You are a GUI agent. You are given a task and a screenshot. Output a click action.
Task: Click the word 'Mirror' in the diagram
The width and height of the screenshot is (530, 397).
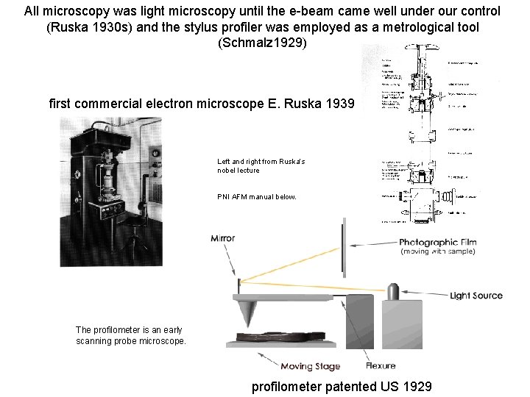point(222,237)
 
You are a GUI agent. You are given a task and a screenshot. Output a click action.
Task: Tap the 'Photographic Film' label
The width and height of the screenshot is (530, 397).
point(438,242)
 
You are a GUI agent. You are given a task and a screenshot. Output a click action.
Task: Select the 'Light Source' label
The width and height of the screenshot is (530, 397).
point(476,296)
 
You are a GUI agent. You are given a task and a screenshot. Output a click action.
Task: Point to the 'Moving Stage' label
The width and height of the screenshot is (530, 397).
point(310,366)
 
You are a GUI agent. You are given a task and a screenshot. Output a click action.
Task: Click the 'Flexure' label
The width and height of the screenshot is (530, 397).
point(381,365)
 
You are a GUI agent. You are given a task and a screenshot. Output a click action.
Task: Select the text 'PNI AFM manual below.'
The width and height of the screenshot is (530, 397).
point(257,196)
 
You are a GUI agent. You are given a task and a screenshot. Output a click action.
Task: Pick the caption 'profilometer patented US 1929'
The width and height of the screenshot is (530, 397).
point(342,387)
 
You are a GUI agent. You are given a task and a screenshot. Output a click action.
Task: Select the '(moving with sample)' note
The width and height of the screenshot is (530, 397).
point(438,251)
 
